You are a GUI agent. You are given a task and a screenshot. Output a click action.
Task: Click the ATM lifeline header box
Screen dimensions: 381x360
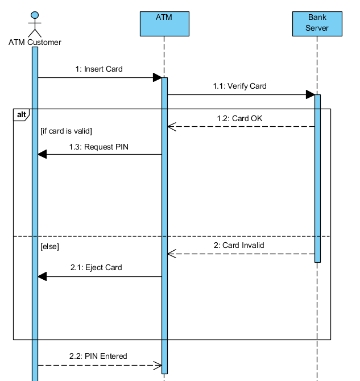[x=164, y=23]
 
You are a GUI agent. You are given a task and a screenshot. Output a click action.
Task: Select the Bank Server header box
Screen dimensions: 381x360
[x=317, y=23]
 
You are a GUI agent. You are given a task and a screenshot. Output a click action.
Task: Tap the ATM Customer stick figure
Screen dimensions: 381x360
[x=35, y=23]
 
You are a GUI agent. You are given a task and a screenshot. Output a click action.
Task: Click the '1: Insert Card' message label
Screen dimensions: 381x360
[x=99, y=69]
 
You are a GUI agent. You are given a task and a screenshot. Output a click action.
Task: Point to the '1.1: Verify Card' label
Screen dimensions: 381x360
[x=239, y=86]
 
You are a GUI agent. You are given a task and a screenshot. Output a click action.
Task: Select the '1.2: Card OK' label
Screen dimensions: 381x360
[x=239, y=119]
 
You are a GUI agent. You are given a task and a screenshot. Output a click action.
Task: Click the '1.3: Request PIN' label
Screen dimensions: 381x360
[x=100, y=147]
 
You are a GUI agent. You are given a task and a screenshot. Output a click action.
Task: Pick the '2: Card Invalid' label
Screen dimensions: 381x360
[x=239, y=246]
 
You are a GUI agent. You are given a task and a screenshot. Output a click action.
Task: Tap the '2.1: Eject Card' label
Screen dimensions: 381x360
[x=96, y=267]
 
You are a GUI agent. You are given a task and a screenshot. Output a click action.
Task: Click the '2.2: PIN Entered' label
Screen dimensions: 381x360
[x=98, y=357]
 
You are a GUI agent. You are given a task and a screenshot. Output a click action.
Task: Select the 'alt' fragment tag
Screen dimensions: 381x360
[x=21, y=115]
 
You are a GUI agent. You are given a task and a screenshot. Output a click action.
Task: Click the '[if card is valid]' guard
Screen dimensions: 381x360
[x=66, y=131]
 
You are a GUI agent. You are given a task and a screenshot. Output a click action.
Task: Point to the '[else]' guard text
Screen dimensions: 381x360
[x=50, y=247]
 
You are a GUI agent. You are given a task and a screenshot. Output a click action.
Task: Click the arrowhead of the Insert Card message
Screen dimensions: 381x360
[x=158, y=77]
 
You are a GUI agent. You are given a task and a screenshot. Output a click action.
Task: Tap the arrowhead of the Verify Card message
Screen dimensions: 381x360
[x=311, y=94]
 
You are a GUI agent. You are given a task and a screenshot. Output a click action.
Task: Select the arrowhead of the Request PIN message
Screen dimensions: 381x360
[x=42, y=154]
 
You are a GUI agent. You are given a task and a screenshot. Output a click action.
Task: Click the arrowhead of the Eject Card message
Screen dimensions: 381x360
[x=42, y=276]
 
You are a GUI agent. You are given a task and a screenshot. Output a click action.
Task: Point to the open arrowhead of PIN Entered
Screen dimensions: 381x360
[x=158, y=365]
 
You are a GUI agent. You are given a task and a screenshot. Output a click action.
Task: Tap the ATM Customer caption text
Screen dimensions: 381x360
[x=35, y=42]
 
